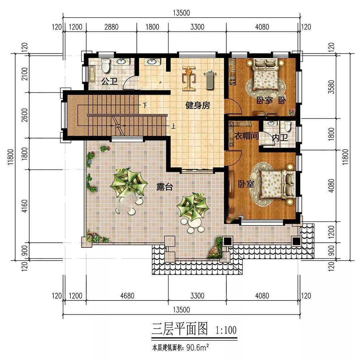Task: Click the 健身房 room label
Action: [x=197, y=106]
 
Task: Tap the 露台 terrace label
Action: [x=164, y=186]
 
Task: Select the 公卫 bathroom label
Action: [x=110, y=81]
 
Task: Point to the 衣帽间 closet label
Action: [x=246, y=136]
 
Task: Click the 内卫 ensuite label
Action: [x=280, y=138]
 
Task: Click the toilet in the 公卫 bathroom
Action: [x=105, y=65]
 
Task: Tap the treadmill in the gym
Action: [x=210, y=80]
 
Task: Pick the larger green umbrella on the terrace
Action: [x=129, y=183]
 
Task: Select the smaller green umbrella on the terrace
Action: [x=193, y=206]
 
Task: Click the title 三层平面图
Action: [x=179, y=329]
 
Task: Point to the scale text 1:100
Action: [x=226, y=330]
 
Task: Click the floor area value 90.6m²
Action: [x=197, y=347]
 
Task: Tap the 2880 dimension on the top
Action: [x=112, y=27]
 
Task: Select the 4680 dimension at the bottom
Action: [x=127, y=295]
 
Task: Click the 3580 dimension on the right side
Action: [x=331, y=87]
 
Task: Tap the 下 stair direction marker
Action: [x=145, y=105]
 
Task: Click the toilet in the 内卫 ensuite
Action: [x=288, y=126]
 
